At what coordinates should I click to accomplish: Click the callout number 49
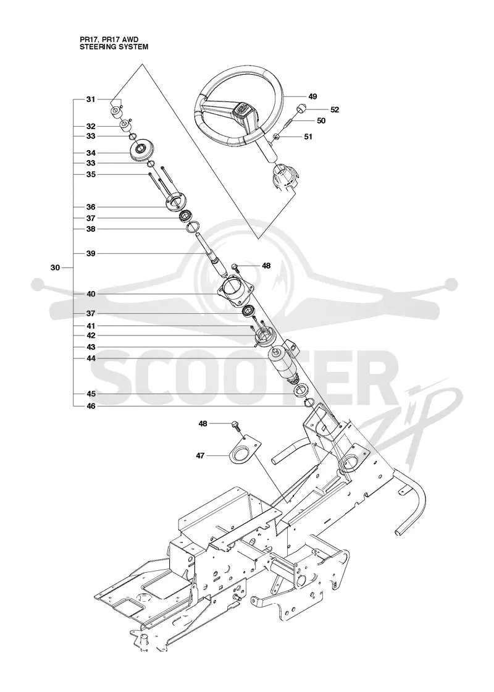(312, 96)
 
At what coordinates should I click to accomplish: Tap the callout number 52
(335, 110)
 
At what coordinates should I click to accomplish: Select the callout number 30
(55, 268)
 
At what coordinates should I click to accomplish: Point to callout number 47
(200, 455)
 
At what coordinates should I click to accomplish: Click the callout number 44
(91, 359)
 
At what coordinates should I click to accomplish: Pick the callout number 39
(91, 254)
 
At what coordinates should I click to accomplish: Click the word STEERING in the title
(94, 46)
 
